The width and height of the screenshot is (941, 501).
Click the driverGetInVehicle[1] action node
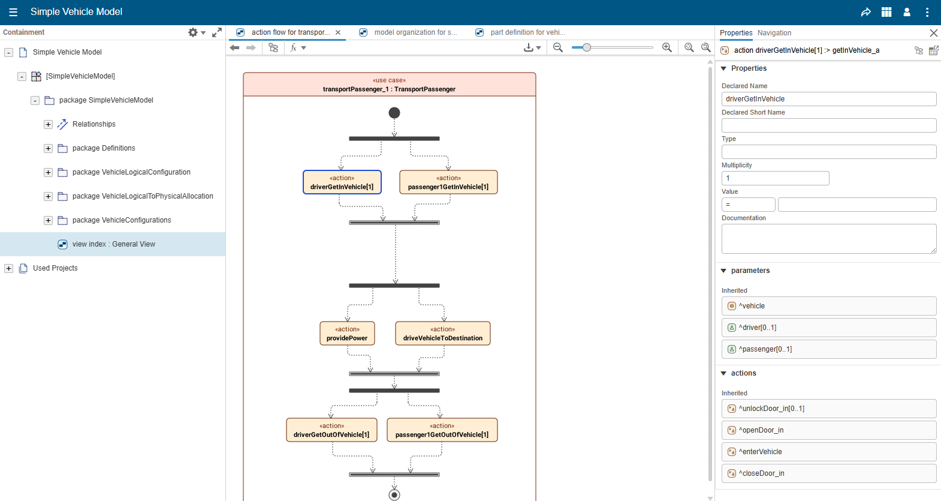coord(342,182)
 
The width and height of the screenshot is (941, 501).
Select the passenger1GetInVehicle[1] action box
coord(448,182)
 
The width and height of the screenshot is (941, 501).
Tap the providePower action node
coord(347,334)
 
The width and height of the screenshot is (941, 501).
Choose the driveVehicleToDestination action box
coord(443,334)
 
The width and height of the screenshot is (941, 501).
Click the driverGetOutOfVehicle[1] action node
coord(331,430)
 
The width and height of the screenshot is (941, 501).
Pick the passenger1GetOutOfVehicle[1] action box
coord(442,430)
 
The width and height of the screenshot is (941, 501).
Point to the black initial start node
coord(394,113)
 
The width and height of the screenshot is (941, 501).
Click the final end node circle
coord(394,495)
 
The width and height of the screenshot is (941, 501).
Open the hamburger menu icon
coord(13,12)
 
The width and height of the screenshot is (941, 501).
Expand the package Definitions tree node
coord(48,148)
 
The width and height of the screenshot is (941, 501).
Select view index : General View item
coord(113,244)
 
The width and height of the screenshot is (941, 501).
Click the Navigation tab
coord(774,33)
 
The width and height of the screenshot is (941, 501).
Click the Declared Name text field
coord(828,99)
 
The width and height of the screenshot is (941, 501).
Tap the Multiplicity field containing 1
coord(775,178)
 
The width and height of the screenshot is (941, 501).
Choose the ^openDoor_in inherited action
coord(828,430)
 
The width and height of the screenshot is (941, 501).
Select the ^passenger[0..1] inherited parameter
coord(828,349)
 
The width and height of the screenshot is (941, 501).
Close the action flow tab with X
coord(338,32)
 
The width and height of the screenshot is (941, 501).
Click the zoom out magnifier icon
coord(558,47)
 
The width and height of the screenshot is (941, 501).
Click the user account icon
coord(907,12)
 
